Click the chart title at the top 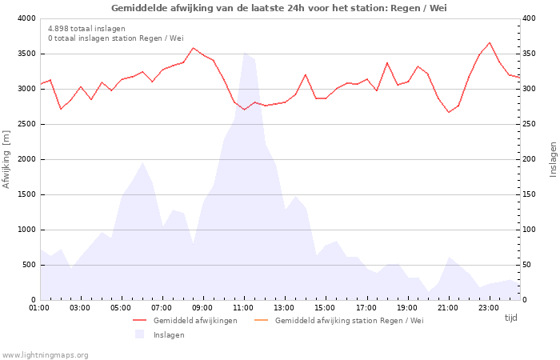coord(279,8)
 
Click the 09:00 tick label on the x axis coord(202,306)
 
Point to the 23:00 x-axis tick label coord(489,306)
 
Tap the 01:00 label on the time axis coord(39,306)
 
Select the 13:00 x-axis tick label coord(284,306)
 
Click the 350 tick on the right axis coord(530,54)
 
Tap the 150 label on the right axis coord(530,194)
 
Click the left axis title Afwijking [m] coord(7,159)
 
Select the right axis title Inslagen coord(552,159)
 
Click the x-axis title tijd coord(510,318)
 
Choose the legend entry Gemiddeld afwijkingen coord(195,321)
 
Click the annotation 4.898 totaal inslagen coord(86,29)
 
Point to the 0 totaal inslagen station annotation coord(115,38)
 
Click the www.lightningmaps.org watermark coord(45,355)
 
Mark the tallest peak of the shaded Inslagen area coord(244,53)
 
